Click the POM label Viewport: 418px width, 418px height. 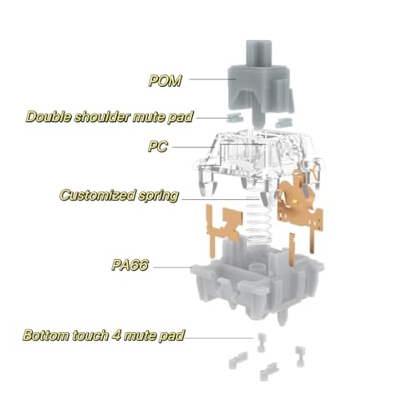click(165, 81)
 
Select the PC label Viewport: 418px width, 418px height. click(158, 146)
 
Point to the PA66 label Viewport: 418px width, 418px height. click(130, 265)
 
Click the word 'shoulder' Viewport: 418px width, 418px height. click(102, 116)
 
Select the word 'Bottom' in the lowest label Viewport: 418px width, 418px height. click(46, 335)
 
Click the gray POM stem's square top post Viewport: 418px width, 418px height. click(258, 54)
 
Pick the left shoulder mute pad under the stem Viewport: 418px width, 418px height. click(234, 118)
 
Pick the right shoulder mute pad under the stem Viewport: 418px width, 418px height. click(283, 122)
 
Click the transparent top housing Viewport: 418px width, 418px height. click(259, 161)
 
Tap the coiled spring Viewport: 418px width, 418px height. click(259, 220)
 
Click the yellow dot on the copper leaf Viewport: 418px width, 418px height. click(297, 201)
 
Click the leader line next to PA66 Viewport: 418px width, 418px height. click(172, 268)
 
